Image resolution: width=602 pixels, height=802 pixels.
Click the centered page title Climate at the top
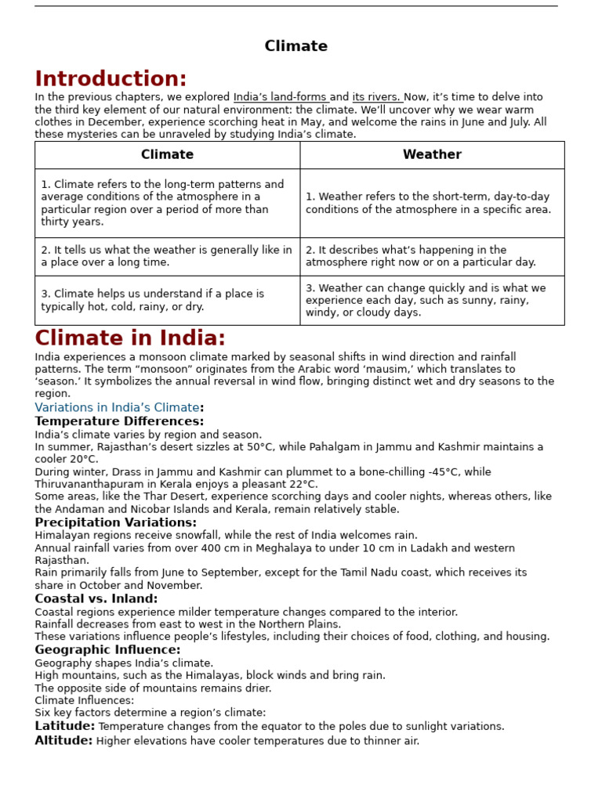pyautogui.click(x=296, y=46)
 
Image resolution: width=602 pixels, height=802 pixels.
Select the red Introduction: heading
pyautogui.click(x=111, y=79)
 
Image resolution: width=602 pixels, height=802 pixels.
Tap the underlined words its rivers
pyautogui.click(x=376, y=97)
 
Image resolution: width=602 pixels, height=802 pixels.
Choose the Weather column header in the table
pyautogui.click(x=432, y=155)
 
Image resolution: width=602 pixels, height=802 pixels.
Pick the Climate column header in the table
pyautogui.click(x=167, y=155)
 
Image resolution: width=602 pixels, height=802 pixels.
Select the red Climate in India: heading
pyautogui.click(x=130, y=338)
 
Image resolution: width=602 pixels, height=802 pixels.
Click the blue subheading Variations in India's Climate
pyautogui.click(x=117, y=407)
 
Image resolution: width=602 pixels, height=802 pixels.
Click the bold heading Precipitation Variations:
pyautogui.click(x=115, y=522)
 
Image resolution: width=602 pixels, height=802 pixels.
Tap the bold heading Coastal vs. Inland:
pyautogui.click(x=96, y=598)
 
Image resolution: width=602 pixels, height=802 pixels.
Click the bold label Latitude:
pyautogui.click(x=64, y=726)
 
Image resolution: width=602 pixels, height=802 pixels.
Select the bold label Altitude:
pyautogui.click(x=63, y=741)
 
